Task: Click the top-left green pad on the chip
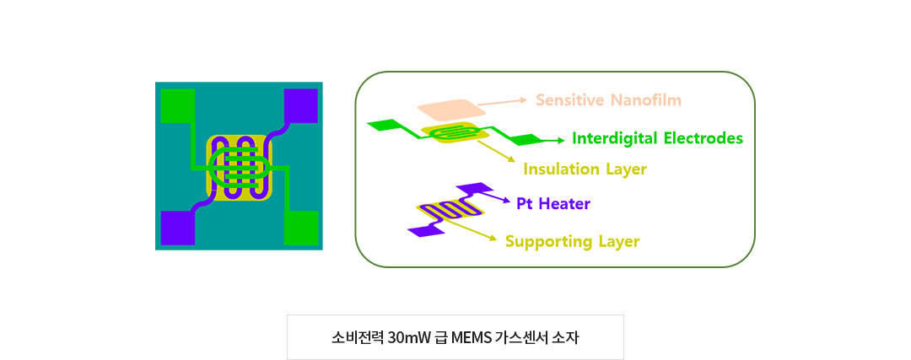tap(177, 105)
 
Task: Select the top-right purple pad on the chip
tap(300, 105)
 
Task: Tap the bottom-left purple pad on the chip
tap(177, 228)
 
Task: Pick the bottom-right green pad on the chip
tap(301, 228)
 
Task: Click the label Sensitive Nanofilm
tap(608, 100)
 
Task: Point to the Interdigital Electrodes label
tap(658, 138)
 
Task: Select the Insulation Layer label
tap(585, 169)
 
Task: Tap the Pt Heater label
tap(553, 204)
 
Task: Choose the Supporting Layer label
tap(572, 242)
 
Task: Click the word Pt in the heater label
tap(525, 204)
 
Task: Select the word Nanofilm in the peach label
tap(647, 100)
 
